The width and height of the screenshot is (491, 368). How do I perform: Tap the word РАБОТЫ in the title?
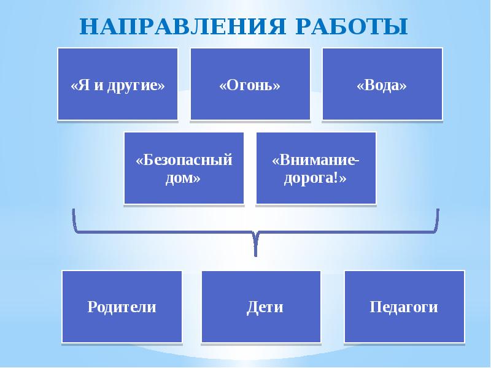354,26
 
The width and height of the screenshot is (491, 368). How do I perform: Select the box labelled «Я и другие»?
118,84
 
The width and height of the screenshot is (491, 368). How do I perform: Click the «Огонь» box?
250,84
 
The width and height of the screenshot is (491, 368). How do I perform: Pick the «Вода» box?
382,84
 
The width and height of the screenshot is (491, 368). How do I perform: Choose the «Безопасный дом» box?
184,167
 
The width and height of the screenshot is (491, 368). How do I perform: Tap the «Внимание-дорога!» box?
315,167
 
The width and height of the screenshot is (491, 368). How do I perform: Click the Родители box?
122,306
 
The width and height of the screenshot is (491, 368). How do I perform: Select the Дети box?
261,306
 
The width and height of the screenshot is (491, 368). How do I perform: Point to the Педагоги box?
404,306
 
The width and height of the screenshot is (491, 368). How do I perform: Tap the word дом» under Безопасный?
184,177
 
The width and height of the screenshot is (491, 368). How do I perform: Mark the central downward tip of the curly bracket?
255,251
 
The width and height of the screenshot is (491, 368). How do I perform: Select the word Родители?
122,306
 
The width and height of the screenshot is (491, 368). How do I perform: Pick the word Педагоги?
404,306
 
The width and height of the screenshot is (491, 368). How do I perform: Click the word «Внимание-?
315,160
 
